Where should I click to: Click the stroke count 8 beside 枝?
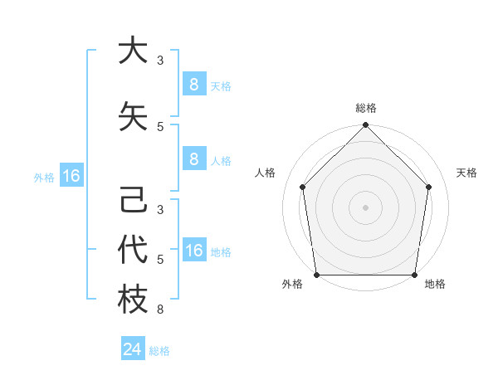[x=160, y=310]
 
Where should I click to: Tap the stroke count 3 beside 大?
[x=160, y=60]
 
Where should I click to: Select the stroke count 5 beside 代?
[x=160, y=260]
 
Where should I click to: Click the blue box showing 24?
[x=133, y=349]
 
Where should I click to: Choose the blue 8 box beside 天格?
[x=193, y=85]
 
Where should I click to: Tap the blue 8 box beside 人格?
[x=193, y=159]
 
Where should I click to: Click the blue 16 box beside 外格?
[x=71, y=176]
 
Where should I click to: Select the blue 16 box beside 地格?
[x=193, y=251]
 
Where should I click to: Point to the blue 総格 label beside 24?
[x=159, y=351]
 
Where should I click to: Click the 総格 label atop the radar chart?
[x=365, y=108]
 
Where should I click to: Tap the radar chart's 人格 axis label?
[x=266, y=173]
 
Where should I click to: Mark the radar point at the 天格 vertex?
[x=429, y=187]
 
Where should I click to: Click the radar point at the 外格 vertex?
[x=316, y=275]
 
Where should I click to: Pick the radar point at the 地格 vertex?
[x=414, y=275]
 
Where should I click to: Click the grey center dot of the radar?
[x=365, y=207]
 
